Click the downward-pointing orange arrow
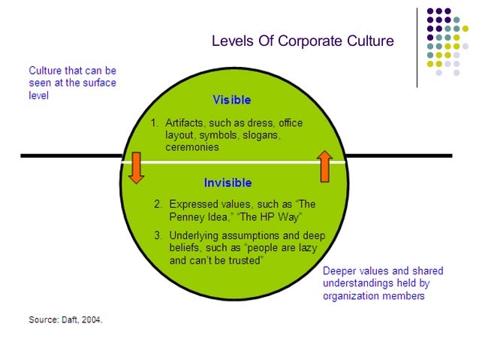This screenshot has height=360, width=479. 135,167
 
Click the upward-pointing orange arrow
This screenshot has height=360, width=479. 325,166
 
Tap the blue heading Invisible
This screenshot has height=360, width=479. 227,183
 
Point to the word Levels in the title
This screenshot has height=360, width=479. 232,41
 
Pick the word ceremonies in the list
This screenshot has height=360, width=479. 192,147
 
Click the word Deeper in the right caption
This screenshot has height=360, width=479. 340,271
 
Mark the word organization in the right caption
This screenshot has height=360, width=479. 352,295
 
